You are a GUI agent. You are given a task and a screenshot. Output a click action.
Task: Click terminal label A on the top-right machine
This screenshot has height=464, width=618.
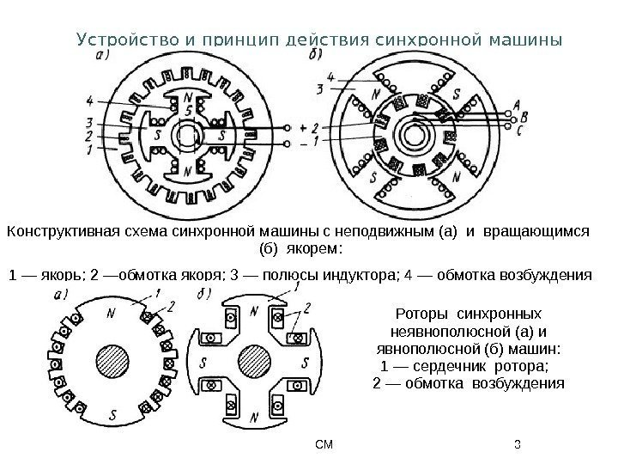tap(515, 104)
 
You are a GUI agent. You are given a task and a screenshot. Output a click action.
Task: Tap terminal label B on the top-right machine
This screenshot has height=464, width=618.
tap(524, 117)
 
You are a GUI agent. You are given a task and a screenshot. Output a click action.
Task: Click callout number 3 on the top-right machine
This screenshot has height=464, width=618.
tap(319, 89)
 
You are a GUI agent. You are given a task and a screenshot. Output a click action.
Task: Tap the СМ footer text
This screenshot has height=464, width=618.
tap(324, 444)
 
